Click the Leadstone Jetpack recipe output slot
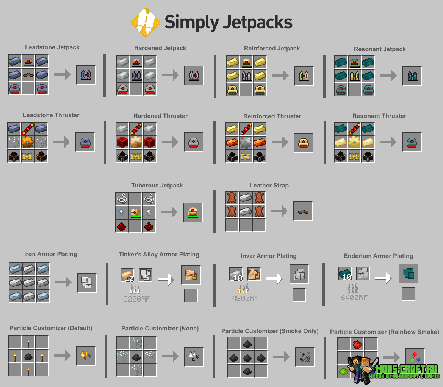pos(86,75)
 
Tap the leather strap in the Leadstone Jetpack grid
pos(28,75)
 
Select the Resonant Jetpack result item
pos(412,76)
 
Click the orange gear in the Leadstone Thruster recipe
pos(28,142)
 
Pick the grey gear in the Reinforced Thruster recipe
pos(246,143)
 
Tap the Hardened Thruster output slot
pos(194,143)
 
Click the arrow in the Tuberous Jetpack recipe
pos(169,212)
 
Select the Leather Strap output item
pos(303,212)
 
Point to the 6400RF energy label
pos(354,297)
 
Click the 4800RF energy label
pos(245,298)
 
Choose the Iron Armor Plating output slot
pos(87,282)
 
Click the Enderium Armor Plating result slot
pos(408,274)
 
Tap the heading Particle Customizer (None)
pos(160,329)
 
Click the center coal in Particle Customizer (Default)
pos(28,356)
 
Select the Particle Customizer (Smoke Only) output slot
pos(305,357)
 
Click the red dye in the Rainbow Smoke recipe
pos(357,345)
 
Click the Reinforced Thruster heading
pos(272,116)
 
